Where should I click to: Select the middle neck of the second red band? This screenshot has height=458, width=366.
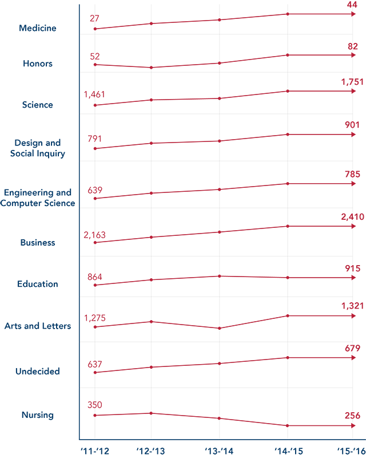[x=219, y=64]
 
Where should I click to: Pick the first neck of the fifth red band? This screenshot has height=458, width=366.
[x=151, y=196]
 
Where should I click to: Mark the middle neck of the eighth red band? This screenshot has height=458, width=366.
[x=220, y=327]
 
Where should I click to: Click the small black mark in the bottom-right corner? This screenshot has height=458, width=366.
[x=352, y=443]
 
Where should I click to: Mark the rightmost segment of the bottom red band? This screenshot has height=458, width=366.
[x=320, y=419]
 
